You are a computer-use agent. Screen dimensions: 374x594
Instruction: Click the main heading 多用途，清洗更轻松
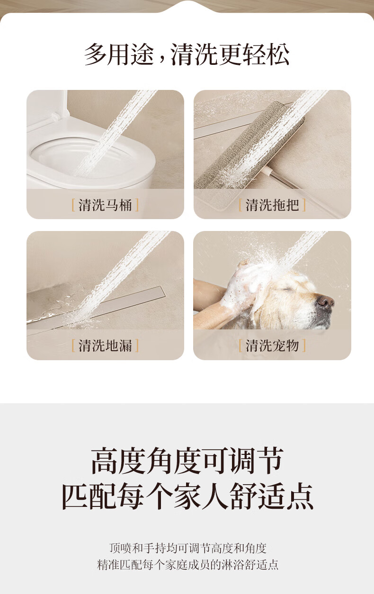click(187, 54)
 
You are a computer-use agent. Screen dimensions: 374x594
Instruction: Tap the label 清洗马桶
click(105, 205)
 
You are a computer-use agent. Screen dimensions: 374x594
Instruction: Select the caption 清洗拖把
click(272, 205)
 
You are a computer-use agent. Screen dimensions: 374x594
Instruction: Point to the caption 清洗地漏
click(105, 346)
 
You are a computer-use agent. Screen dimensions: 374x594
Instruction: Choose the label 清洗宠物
click(272, 346)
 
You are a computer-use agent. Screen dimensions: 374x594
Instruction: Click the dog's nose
click(326, 301)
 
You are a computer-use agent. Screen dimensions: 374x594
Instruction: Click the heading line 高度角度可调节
click(187, 461)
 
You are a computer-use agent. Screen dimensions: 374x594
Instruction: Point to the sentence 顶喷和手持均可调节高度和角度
click(188, 548)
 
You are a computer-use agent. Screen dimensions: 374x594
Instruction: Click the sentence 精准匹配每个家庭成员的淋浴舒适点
click(188, 565)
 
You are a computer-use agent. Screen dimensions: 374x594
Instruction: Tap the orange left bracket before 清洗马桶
click(73, 205)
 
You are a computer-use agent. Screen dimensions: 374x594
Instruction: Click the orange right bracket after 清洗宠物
click(304, 346)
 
